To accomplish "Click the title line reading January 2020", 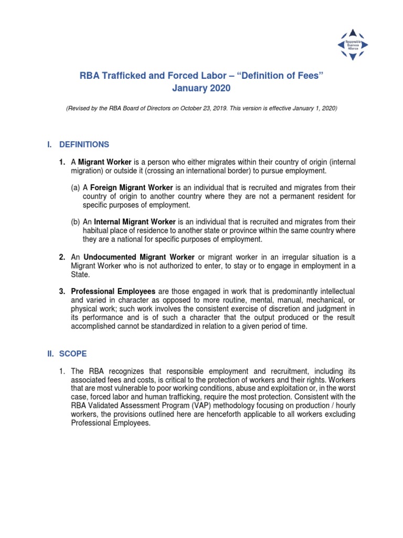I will pos(201,89).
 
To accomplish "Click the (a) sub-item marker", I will pos(76,187).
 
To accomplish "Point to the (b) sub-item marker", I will pos(76,222).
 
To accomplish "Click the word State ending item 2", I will pos(80,274).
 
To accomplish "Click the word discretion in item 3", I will pos(286,308).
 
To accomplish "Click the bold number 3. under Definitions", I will pos(62,291).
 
